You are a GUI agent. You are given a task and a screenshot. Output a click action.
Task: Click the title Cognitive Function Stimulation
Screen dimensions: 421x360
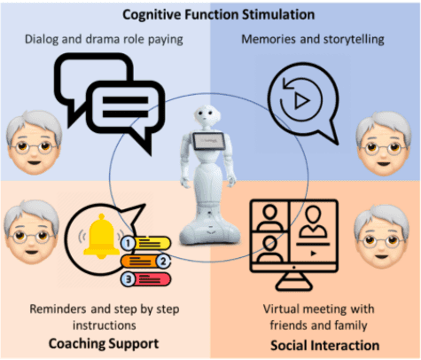[x=219, y=15]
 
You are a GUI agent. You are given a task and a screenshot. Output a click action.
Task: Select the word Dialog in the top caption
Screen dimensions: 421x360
[x=42, y=40]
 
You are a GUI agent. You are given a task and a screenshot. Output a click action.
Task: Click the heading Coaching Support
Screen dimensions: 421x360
[x=104, y=344]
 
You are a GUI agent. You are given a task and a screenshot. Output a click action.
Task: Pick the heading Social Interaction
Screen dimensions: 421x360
[x=325, y=345]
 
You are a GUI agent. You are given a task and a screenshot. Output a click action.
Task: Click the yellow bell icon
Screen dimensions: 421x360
[x=101, y=236]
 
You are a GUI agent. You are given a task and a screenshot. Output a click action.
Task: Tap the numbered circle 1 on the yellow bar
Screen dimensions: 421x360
[x=128, y=243]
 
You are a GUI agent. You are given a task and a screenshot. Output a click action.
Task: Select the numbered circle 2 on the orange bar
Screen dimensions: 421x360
[x=163, y=262]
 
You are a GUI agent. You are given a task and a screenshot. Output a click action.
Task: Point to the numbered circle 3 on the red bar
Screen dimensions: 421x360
[x=129, y=279]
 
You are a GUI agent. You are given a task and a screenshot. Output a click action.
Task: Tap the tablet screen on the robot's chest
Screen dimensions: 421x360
[x=209, y=141]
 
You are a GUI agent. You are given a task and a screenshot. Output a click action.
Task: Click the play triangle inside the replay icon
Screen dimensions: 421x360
[x=301, y=101]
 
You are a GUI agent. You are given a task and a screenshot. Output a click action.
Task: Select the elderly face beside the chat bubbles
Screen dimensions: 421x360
[x=35, y=143]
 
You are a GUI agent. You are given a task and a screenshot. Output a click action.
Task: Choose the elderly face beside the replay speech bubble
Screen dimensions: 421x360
[x=384, y=144]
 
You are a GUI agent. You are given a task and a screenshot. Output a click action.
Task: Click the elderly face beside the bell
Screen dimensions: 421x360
[x=32, y=232]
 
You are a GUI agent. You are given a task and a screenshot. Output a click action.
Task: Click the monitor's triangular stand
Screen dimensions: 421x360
[x=294, y=281]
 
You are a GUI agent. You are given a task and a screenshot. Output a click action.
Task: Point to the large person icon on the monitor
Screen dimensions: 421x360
[x=313, y=222]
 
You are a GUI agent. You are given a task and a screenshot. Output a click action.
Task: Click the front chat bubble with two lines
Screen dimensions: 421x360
[x=126, y=113]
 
